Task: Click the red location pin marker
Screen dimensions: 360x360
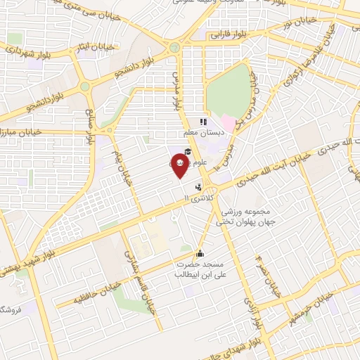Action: click(181, 164)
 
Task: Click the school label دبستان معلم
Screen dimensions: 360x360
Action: click(203, 132)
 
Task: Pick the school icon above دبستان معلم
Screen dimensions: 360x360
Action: click(203, 122)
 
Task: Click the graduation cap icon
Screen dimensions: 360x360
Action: click(188, 152)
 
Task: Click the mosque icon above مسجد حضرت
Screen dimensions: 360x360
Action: click(200, 253)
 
